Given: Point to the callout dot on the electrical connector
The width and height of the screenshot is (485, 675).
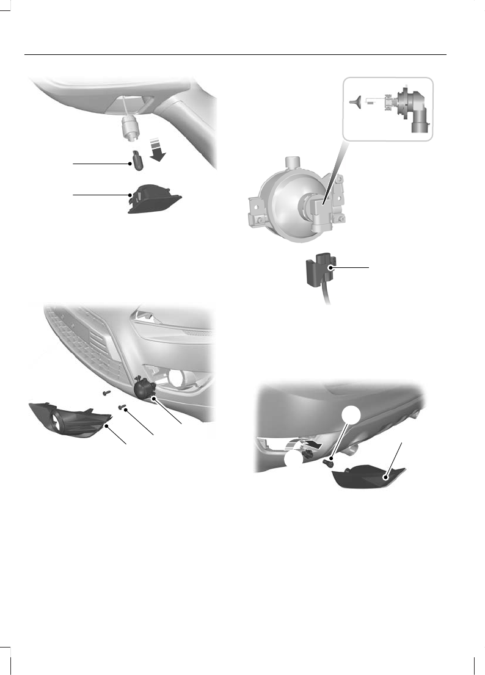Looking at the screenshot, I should click(330, 267).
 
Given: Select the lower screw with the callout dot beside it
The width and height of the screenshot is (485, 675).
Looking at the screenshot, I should click(122, 407).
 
